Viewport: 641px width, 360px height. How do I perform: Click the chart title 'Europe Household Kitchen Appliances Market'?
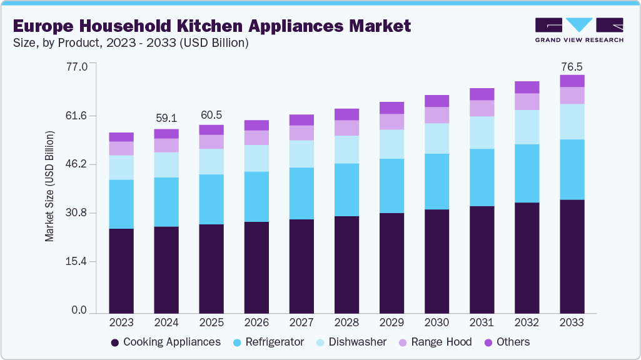[211, 26]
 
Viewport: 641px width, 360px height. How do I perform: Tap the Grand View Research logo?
[578, 29]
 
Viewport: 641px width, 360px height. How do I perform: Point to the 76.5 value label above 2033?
[572, 66]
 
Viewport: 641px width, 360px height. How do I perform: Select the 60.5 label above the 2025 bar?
[211, 115]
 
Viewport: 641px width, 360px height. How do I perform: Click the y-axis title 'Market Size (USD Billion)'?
[49, 187]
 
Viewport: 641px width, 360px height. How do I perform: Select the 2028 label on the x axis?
[346, 322]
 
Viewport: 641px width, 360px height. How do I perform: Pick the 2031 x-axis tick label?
[482, 322]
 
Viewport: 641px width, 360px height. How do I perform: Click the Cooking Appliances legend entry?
[165, 342]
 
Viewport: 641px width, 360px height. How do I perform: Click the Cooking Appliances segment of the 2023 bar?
[121, 271]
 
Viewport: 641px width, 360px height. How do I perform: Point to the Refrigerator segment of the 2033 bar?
[572, 169]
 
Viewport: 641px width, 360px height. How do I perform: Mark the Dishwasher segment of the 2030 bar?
[437, 138]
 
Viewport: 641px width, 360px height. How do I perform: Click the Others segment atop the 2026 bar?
[256, 125]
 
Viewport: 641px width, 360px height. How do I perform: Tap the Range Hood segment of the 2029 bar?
[391, 122]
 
